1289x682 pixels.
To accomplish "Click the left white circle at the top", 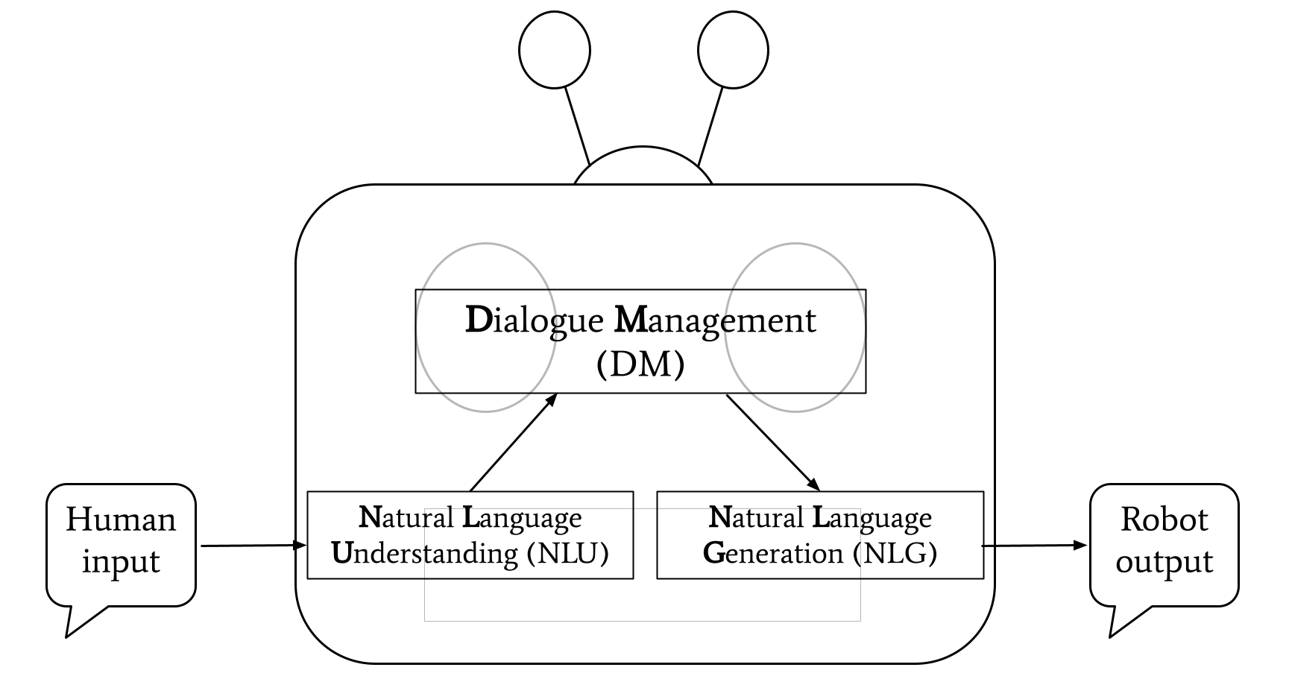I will (x=555, y=51).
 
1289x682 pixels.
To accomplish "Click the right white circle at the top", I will (x=733, y=51).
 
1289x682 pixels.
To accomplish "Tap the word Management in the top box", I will (x=715, y=321).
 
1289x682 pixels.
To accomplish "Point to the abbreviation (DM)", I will (x=640, y=364).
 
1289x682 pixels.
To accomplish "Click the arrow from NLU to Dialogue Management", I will (x=514, y=442).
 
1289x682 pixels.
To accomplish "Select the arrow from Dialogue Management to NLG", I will (x=773, y=442).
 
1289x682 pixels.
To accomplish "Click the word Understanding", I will (x=424, y=554).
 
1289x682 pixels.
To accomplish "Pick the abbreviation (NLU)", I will (x=567, y=554).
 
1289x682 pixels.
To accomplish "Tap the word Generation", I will (x=773, y=554).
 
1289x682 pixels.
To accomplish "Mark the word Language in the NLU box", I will (x=522, y=518).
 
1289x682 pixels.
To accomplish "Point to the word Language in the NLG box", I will (x=872, y=518).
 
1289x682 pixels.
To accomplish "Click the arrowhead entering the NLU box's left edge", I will (x=302, y=545).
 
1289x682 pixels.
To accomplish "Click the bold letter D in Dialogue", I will (x=478, y=320).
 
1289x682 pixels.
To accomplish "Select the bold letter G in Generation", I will (x=714, y=554).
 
